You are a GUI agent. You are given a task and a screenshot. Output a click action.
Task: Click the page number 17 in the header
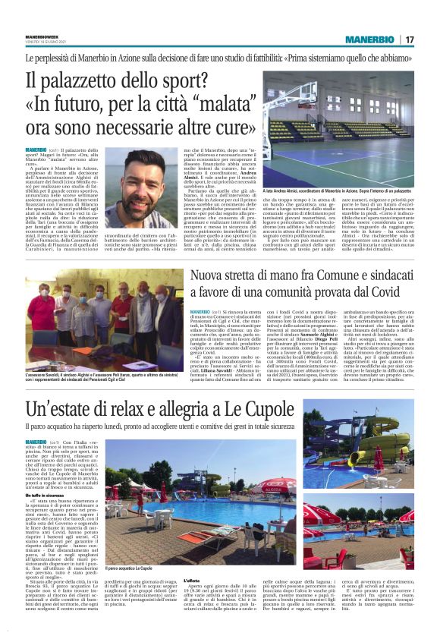pyautogui.click(x=410, y=39)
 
